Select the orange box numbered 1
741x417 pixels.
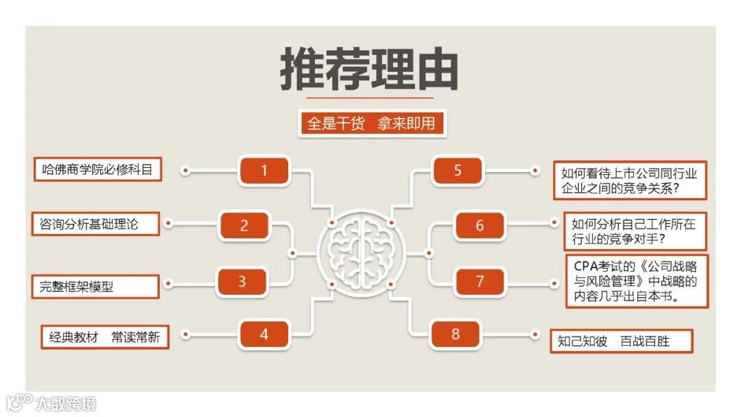point(264,170)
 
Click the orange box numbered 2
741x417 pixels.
point(244,226)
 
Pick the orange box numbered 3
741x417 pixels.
point(242,281)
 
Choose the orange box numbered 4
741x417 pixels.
point(264,335)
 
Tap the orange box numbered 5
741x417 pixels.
point(458,170)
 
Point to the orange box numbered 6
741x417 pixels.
point(480,226)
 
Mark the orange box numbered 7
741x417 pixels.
point(480,281)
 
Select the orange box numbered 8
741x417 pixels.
point(456,335)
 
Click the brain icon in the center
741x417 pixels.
point(360,252)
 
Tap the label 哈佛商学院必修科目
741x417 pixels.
point(97,169)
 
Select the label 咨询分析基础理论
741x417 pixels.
point(95,224)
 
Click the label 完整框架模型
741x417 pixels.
point(95,287)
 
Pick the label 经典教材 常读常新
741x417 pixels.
point(104,337)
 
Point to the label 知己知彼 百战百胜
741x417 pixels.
point(621,341)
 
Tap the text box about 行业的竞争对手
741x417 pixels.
point(634,232)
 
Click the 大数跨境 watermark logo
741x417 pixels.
point(51,403)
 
